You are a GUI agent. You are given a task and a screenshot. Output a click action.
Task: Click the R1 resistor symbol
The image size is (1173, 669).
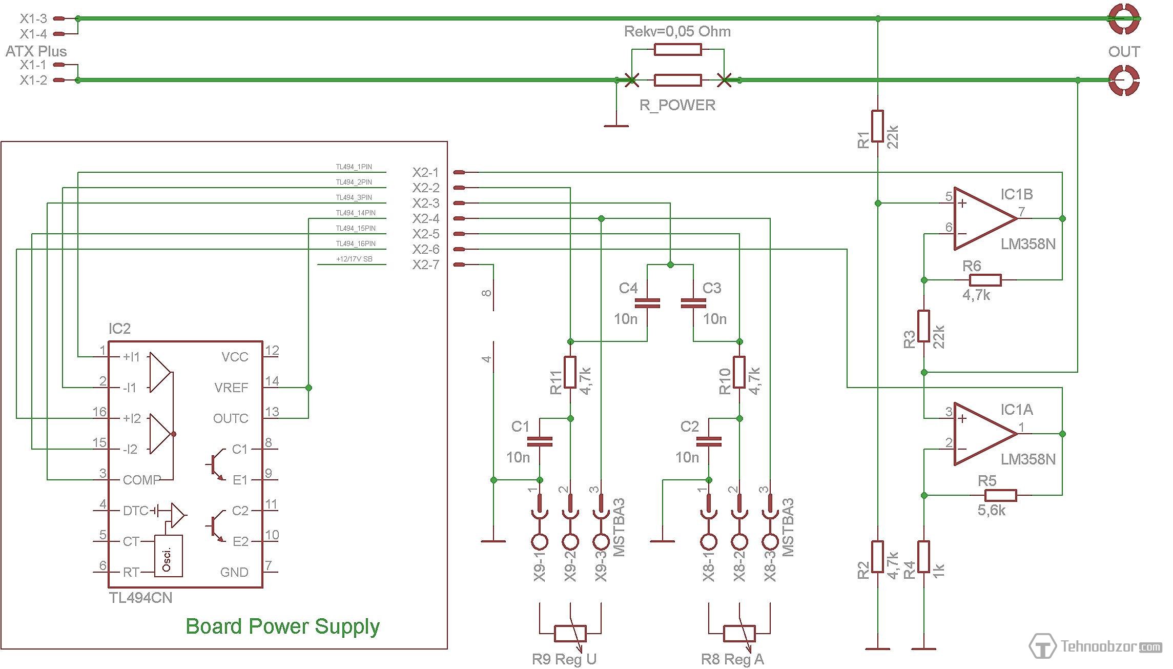[878, 126]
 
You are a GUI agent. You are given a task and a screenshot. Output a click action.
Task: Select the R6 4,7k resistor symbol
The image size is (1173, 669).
[985, 280]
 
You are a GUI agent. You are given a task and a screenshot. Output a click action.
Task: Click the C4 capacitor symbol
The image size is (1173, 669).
[647, 303]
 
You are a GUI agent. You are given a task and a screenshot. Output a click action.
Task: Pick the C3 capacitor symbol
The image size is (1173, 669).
[693, 303]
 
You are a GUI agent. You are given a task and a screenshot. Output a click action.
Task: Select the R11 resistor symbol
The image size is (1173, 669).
[570, 372]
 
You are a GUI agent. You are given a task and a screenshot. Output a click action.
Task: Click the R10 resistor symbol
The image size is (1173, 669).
[739, 372]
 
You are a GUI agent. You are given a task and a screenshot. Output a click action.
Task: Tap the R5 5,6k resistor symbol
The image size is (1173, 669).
[1000, 495]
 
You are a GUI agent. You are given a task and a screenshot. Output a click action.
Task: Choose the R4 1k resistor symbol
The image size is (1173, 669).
[924, 557]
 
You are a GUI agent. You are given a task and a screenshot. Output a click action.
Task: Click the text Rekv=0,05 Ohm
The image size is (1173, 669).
[677, 32]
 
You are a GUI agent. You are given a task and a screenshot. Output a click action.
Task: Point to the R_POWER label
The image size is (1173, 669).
[677, 105]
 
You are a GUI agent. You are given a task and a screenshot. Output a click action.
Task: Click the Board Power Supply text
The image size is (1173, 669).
[282, 626]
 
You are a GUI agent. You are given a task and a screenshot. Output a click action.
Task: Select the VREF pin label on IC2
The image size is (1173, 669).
[231, 388]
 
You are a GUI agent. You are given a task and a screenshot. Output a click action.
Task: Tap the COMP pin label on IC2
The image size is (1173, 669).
[141, 480]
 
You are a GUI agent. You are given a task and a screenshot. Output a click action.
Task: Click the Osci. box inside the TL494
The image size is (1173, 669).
[168, 556]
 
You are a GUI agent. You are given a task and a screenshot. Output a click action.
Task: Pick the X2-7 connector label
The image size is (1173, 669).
[426, 265]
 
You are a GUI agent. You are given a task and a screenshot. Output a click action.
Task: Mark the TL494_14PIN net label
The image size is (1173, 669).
[356, 213]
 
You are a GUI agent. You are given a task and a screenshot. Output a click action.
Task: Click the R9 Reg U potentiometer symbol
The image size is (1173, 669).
[570, 634]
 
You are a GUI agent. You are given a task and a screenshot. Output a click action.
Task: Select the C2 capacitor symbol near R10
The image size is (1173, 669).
[709, 441]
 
